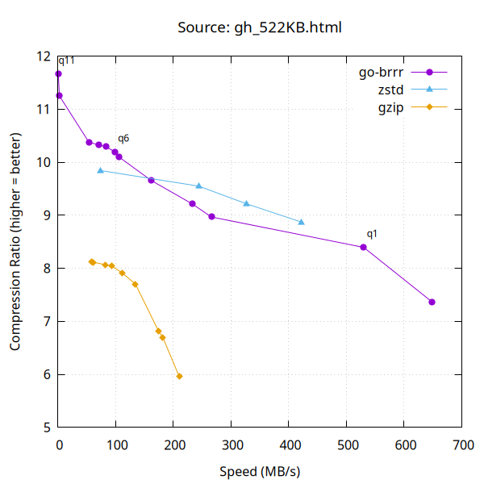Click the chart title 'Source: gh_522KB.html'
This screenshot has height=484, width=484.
pyautogui.click(x=259, y=28)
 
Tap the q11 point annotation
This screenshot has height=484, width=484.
pyautogui.click(x=67, y=60)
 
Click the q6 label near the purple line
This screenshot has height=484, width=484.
pyautogui.click(x=123, y=139)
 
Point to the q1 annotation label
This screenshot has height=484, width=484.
pyautogui.click(x=372, y=234)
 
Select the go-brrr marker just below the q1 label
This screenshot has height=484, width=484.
pyautogui.click(x=363, y=247)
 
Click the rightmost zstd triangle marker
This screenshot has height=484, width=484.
pyautogui.click(x=302, y=222)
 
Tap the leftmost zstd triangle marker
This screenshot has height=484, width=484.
pyautogui.click(x=100, y=170)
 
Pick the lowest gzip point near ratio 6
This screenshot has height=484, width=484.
pyautogui.click(x=179, y=376)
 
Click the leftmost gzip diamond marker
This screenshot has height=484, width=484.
pyautogui.click(x=92, y=261)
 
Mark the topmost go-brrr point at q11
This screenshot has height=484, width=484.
pyautogui.click(x=58, y=73)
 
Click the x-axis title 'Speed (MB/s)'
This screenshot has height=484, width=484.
pyautogui.click(x=259, y=470)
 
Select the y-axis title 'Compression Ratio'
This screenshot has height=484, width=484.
pyautogui.click(x=16, y=242)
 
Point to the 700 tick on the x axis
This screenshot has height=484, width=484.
pyautogui.click(x=462, y=444)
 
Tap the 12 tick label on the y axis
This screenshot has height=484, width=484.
pyautogui.click(x=43, y=56)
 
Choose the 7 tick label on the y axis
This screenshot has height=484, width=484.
pyautogui.click(x=46, y=321)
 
